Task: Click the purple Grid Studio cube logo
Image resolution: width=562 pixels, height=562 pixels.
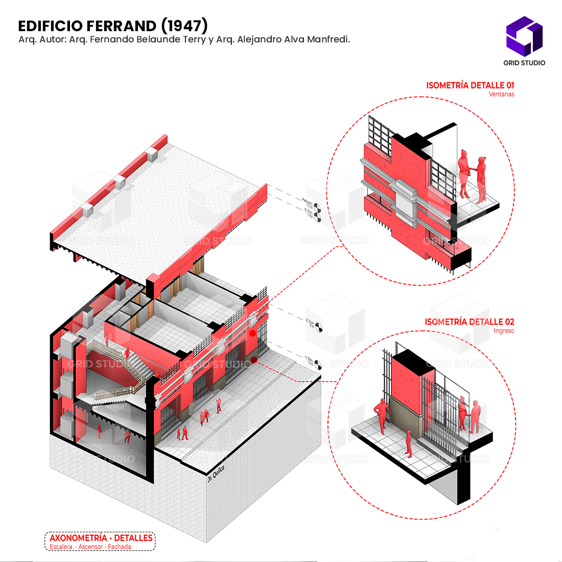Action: point(524,37)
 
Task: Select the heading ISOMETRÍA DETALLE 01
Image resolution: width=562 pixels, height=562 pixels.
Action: point(470,85)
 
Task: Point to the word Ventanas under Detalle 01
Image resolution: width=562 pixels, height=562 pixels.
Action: point(501,95)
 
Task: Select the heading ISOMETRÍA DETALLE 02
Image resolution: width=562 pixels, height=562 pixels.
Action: point(470,322)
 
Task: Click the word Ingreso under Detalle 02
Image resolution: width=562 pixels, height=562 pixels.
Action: point(504,331)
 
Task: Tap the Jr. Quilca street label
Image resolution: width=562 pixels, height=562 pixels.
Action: point(216,474)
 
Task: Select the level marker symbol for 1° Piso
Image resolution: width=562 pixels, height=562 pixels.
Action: point(318,364)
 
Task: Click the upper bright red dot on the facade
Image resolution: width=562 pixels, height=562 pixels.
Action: point(252,334)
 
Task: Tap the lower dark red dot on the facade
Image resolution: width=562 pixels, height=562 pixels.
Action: point(254,360)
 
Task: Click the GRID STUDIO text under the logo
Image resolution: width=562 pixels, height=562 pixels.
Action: point(524,63)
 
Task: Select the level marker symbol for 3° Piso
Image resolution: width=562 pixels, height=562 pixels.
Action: point(318,218)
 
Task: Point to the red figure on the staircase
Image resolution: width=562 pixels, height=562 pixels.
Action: point(127,353)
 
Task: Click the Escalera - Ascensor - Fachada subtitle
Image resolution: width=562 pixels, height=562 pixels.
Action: point(90,547)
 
